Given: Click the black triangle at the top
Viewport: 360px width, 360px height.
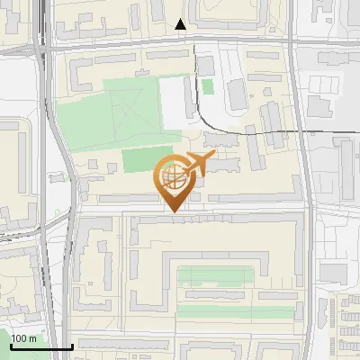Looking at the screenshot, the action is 181,24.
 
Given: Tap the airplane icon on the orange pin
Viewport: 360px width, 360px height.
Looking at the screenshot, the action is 197,163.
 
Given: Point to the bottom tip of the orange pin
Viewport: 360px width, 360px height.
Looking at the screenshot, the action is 172,212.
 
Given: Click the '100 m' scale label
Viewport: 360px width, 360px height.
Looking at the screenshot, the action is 24,338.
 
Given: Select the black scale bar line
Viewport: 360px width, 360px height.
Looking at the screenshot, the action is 40,346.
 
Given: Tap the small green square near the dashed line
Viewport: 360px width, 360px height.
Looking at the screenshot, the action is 208,86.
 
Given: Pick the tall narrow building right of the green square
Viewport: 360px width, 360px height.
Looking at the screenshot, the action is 236,93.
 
